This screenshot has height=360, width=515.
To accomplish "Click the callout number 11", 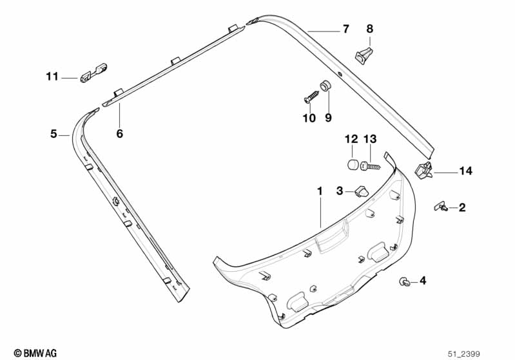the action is [x=52, y=77].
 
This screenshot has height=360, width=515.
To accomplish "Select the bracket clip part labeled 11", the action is [x=94, y=73].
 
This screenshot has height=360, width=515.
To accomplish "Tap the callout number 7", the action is [x=345, y=29].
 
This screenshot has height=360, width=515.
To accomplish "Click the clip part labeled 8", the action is [x=364, y=55].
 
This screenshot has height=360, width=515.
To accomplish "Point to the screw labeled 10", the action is [x=312, y=97].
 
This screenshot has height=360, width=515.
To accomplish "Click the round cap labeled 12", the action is [x=353, y=164].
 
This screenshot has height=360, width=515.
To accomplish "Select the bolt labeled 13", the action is [x=371, y=166].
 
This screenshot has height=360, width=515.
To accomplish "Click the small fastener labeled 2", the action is [x=442, y=207].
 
